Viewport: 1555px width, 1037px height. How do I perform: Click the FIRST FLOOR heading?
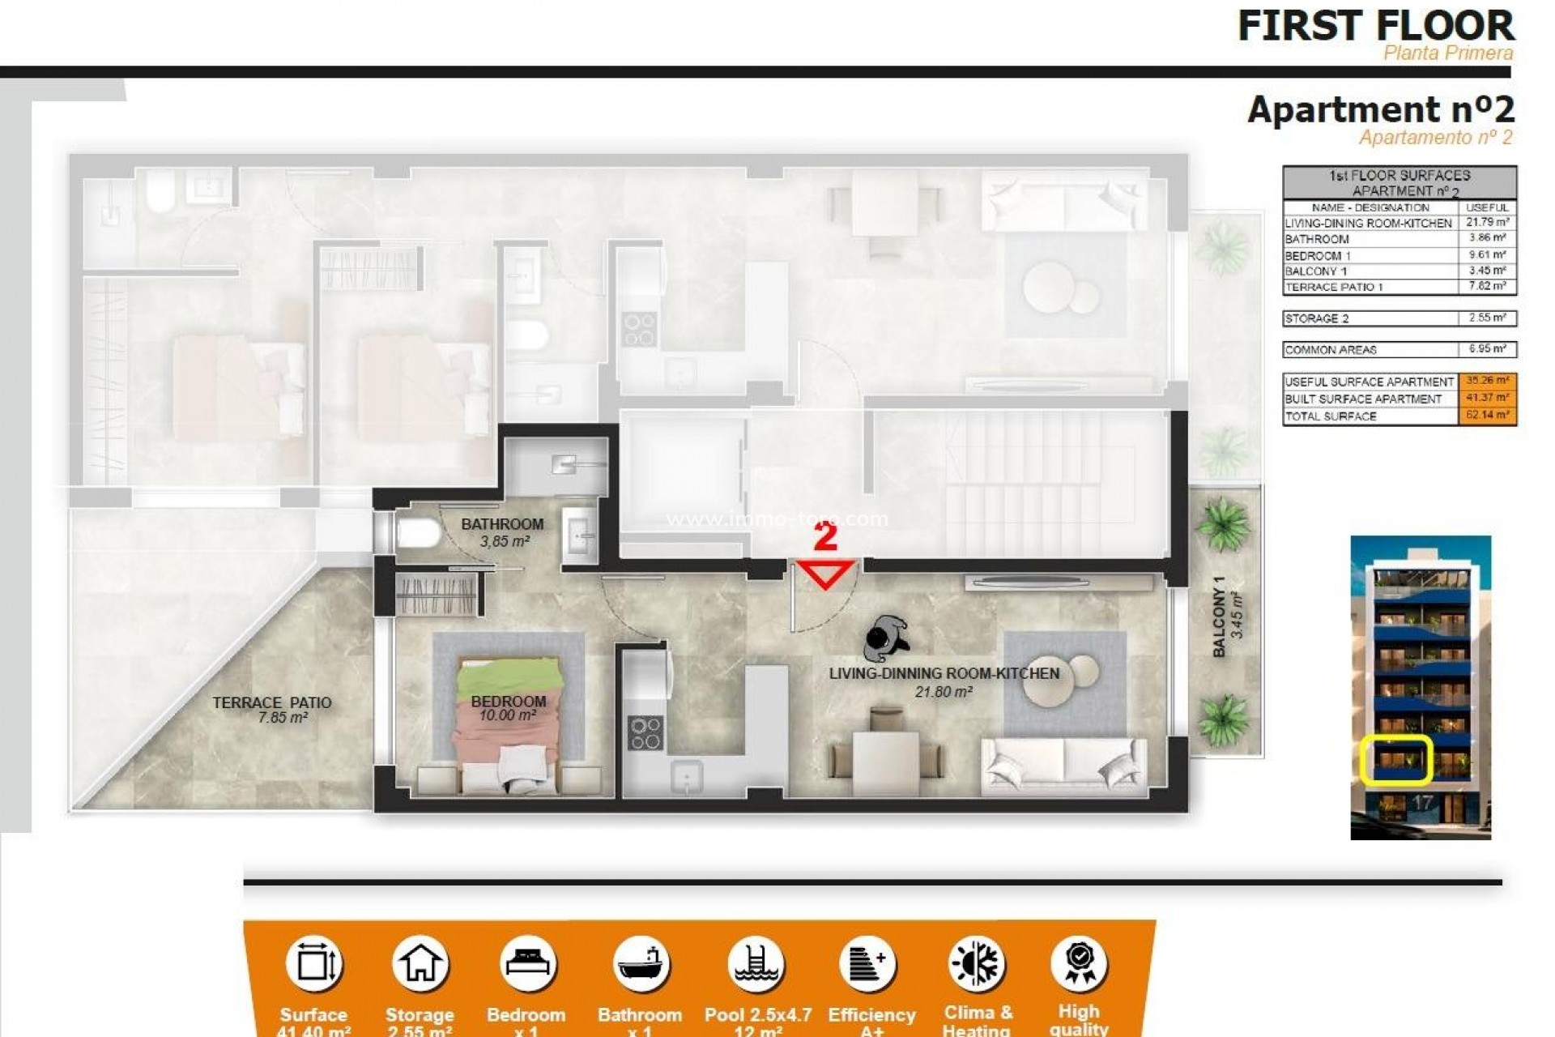(x=1375, y=26)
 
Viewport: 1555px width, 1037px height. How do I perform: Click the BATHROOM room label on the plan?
(x=502, y=524)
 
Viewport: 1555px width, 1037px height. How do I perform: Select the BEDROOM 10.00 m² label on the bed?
(x=509, y=707)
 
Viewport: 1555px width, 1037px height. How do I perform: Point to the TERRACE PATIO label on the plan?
(x=272, y=702)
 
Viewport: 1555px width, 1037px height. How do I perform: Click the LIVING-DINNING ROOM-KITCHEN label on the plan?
(x=944, y=673)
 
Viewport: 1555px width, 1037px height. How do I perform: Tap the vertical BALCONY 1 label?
(x=1219, y=617)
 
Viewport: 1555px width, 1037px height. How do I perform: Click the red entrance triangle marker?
(x=825, y=573)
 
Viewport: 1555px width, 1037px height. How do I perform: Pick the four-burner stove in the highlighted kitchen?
(x=645, y=732)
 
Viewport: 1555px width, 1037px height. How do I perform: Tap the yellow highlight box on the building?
(x=1396, y=760)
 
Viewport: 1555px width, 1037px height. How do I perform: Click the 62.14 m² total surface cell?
(x=1487, y=416)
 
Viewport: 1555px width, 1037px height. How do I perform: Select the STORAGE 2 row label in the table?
(x=1317, y=318)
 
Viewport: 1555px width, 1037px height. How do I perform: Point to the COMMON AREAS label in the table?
(x=1331, y=350)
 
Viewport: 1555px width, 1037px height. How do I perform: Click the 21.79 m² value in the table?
(x=1487, y=223)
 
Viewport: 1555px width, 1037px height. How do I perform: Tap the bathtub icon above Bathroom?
(x=640, y=964)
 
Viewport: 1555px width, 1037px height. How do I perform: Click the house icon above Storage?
(x=420, y=964)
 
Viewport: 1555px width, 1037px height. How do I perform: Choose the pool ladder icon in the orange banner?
(x=756, y=964)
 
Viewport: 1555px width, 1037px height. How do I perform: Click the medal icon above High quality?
(x=1079, y=963)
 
